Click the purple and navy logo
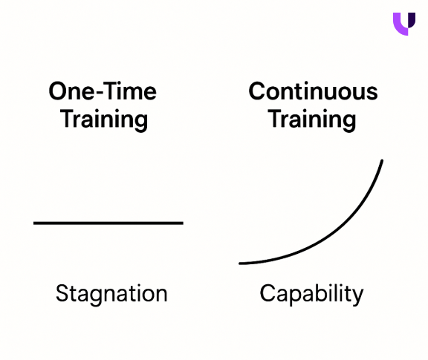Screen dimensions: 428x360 tap(404, 24)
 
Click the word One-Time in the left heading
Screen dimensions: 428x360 tap(103, 91)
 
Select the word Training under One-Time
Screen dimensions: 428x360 tap(104, 120)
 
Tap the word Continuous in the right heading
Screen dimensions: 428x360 tap(313, 91)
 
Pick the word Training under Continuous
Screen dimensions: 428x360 tap(312, 120)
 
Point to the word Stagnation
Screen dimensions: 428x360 tap(111, 294)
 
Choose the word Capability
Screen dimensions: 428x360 tap(311, 294)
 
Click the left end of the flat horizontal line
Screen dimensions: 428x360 tap(34, 223)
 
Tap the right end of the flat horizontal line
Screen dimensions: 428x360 tap(183, 223)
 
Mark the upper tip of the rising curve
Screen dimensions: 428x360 tap(382, 160)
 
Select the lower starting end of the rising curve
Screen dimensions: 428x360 tap(240, 264)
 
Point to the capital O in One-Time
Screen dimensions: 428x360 tap(58, 91)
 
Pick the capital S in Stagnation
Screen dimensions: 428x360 tap(62, 293)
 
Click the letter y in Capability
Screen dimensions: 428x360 tap(357, 297)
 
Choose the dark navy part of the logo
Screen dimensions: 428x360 tap(409, 19)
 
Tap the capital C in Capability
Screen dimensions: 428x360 tap(267, 293)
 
